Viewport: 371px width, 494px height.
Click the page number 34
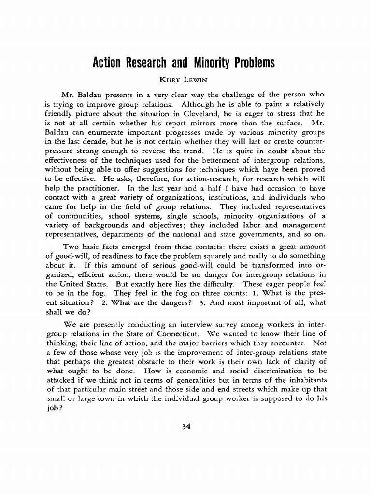click(x=186, y=426)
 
